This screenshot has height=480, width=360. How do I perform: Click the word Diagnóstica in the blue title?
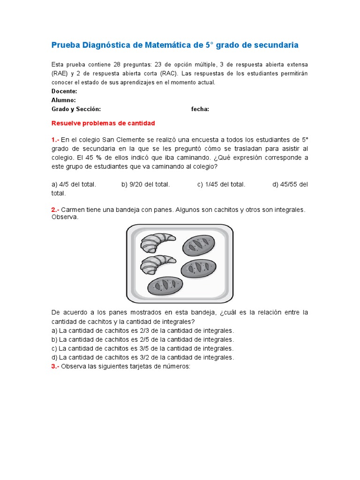pos(107,45)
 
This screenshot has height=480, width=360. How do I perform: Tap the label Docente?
pos(64,91)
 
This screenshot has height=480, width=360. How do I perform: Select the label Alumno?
pos(63,100)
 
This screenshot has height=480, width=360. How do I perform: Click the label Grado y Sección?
pos(76,109)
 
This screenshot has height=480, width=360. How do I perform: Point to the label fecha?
pos(200,109)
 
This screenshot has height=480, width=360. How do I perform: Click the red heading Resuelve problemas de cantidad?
pos(103,123)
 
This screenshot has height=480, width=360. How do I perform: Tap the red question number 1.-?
pos(55,140)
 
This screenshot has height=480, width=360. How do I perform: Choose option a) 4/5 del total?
pos(74,184)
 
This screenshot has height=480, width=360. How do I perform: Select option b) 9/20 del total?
pos(145,184)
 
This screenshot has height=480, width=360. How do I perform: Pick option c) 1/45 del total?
pos(221,184)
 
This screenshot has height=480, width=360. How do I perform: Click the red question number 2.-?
pos(55,210)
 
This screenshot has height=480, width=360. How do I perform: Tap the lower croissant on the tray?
pos(157,263)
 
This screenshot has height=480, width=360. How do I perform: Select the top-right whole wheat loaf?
pos(199,244)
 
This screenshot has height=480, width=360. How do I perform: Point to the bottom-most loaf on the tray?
pos(165,286)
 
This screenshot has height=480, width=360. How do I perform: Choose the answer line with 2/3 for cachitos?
pos(142,330)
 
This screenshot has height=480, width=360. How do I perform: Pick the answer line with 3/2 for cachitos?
pos(142,357)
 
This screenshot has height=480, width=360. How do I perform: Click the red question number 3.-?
pos(55,367)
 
